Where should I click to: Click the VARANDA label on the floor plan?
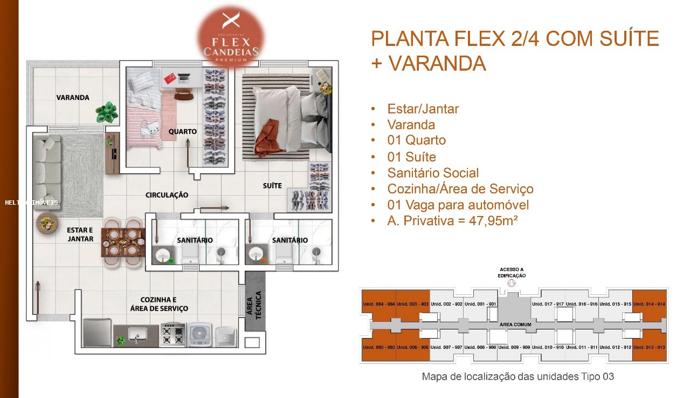click(73, 98)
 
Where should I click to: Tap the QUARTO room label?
click(182, 131)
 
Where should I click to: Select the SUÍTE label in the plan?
click(272, 186)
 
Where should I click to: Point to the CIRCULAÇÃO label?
click(167, 194)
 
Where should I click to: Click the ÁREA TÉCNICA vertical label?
click(254, 306)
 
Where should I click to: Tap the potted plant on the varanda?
click(107, 112)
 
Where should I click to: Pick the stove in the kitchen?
click(172, 333)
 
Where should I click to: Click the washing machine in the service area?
click(199, 334)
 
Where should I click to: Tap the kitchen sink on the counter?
click(136, 334)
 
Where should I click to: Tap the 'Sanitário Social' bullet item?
click(433, 173)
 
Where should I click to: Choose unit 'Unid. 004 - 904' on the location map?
click(378, 304)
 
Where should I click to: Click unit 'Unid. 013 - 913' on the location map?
click(649, 347)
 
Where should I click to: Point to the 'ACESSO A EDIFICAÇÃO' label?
click(511, 272)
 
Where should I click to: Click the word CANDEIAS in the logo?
click(231, 51)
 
